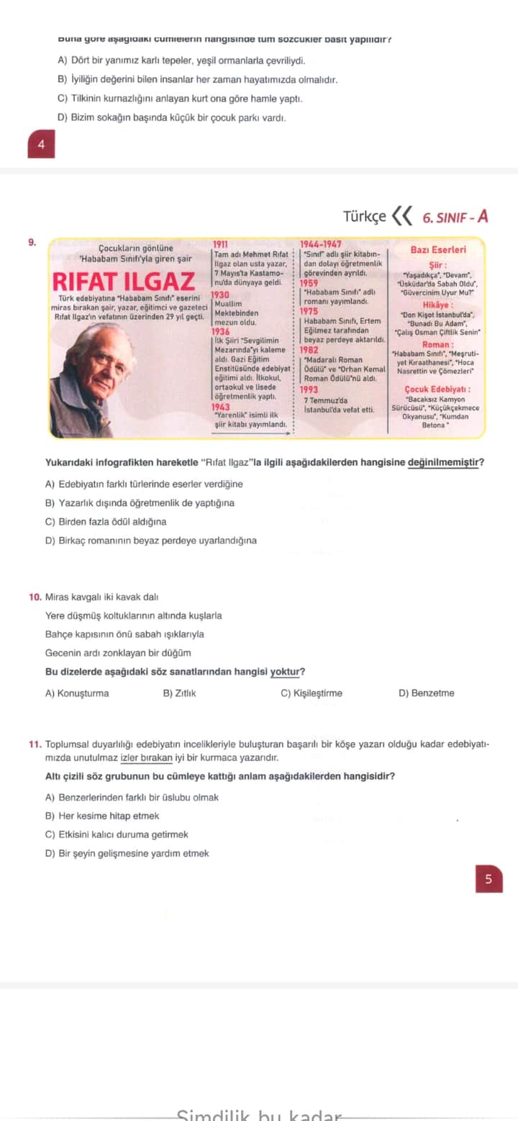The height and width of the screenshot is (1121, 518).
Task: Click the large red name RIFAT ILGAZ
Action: tap(124, 281)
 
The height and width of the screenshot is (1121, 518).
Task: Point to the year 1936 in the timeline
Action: tap(221, 331)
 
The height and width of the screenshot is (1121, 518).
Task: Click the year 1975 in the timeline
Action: tap(309, 311)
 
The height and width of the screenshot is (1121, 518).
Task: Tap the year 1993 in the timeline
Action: tap(309, 389)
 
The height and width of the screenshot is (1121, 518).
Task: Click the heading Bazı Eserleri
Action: tap(437, 250)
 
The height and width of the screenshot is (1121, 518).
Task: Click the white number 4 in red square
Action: tap(41, 144)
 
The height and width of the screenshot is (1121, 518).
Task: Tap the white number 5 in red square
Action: tap(489, 879)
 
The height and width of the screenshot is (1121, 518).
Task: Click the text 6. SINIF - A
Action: tap(455, 216)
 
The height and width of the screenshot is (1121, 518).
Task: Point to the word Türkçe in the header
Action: tap(364, 216)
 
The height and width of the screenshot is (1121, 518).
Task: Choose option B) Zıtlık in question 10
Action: tap(180, 693)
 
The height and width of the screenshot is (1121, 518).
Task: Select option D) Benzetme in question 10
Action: tap(426, 693)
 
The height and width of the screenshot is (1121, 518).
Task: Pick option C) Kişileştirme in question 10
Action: tap(312, 693)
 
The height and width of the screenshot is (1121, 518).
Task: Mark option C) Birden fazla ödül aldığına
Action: tap(106, 522)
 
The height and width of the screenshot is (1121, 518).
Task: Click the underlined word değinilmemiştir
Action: tap(445, 462)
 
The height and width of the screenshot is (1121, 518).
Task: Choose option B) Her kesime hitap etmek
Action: tap(102, 816)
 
